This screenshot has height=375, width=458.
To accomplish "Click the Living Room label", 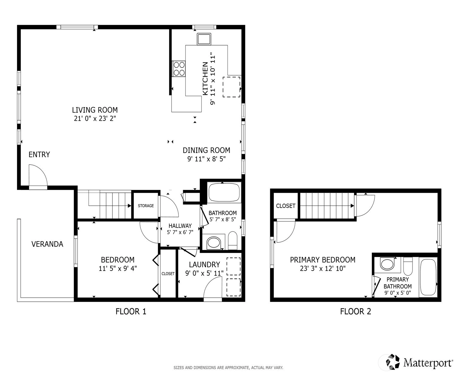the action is point(95,110).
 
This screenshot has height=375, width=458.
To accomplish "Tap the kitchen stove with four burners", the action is point(179,69).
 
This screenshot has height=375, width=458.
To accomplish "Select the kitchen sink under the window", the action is point(204,39).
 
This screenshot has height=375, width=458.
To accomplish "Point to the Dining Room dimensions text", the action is point(206,159).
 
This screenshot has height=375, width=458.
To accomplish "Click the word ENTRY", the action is point(39,154).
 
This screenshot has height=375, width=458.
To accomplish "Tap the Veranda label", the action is point(47,244).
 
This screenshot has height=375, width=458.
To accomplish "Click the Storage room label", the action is point(146,206).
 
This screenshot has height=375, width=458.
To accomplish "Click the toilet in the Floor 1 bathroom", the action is point(233,240).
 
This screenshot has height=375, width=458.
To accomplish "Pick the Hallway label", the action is point(180,226).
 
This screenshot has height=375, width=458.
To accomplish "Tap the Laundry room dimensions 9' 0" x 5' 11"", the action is point(204,273).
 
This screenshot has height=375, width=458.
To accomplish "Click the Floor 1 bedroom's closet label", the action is point(168,274).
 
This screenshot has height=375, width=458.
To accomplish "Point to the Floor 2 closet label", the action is point(286,206).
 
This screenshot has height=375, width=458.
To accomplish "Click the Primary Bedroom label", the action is point(322,260).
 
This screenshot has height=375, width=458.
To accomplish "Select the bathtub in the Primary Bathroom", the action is point(428,277).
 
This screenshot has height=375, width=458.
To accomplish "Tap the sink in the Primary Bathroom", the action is point(387,264).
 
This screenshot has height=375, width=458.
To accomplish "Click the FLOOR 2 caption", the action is point(356,311).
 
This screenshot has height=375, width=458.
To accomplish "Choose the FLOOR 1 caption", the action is point(131,311).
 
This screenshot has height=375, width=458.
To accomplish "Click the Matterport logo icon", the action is point(392,362).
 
